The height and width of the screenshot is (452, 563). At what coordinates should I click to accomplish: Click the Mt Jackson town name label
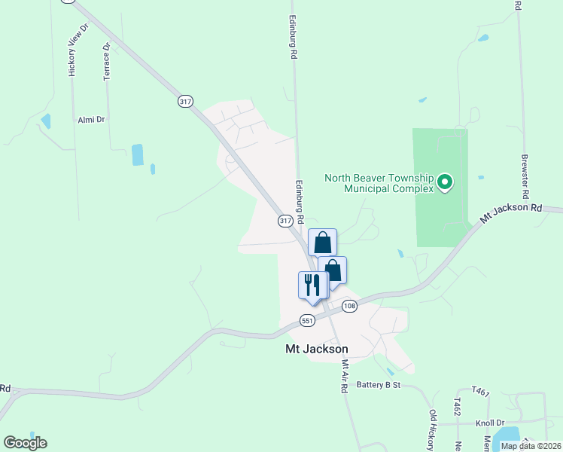[x=317, y=350]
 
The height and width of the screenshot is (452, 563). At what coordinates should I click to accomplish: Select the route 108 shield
[x=349, y=306]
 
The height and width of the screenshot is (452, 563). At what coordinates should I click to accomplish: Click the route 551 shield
[x=306, y=320]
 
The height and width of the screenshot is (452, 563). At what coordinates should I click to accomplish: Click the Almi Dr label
[x=90, y=120]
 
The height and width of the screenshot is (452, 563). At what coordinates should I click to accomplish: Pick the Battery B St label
[x=381, y=384]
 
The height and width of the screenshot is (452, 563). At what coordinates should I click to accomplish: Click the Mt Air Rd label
[x=345, y=375]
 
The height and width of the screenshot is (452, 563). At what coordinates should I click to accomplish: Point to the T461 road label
[x=480, y=392]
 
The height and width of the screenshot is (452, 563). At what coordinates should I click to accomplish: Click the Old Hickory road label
[x=432, y=430]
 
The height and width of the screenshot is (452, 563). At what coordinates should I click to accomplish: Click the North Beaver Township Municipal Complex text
[x=379, y=183]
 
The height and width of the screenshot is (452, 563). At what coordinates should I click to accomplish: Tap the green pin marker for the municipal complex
[x=445, y=182]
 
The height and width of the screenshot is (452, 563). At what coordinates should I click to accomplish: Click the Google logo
[x=25, y=443]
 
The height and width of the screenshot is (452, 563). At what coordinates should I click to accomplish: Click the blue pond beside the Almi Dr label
[x=47, y=121]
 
